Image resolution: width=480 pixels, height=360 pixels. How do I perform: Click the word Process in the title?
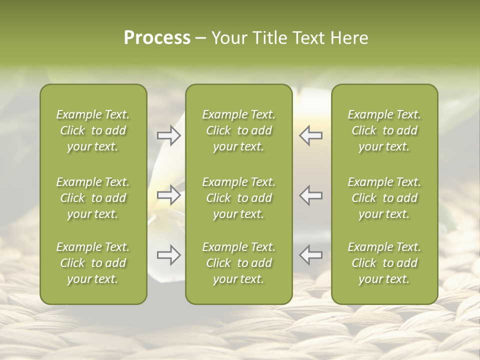pos(157,38)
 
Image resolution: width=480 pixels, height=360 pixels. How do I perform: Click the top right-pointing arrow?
pos(168,135)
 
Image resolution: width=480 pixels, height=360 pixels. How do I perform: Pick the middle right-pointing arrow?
pos(168,195)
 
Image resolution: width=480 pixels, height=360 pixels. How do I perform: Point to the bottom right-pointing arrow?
pos(168,255)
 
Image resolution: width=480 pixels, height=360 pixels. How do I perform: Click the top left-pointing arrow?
pos(311,135)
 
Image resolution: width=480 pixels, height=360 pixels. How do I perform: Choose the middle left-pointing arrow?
pos(311,195)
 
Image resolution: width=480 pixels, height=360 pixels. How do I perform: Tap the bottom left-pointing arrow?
pos(311,255)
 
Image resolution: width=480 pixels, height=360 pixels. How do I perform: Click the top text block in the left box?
pos(93,130)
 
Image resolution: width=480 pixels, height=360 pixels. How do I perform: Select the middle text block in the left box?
pos(93,198)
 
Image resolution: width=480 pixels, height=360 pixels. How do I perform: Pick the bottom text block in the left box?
pos(93,263)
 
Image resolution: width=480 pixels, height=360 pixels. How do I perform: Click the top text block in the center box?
pos(238,130)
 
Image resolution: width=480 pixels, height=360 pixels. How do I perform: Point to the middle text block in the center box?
pos(238,198)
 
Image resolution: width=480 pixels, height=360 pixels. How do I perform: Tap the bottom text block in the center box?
pos(238,263)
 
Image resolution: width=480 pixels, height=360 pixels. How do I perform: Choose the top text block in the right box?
pos(384,130)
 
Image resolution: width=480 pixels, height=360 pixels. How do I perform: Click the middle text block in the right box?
pos(384,198)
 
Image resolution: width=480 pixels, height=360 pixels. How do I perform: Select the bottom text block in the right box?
pos(384,263)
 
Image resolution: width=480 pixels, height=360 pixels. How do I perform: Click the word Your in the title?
pos(228,38)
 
